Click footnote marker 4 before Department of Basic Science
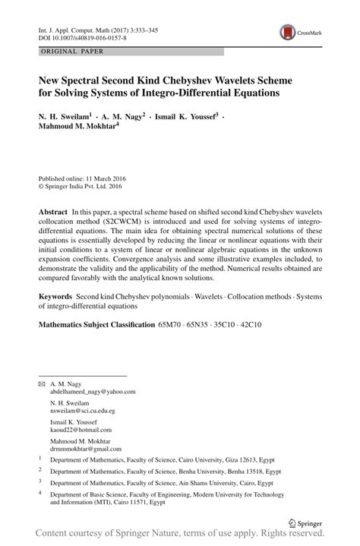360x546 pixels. coord(39,492)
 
